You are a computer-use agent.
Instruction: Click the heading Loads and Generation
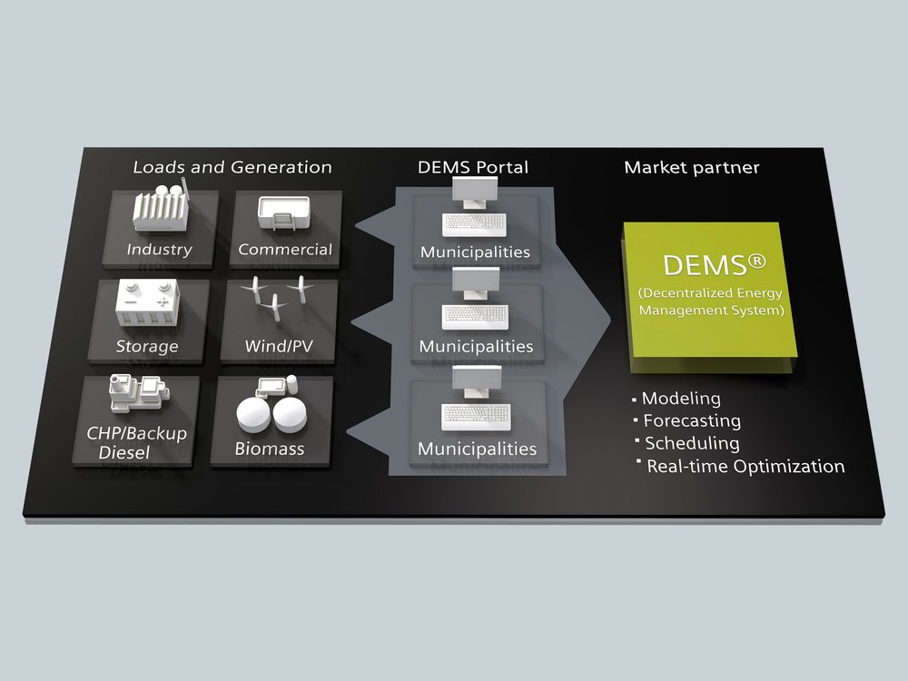pyautogui.click(x=232, y=167)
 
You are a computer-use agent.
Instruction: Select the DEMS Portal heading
pyautogui.click(x=473, y=167)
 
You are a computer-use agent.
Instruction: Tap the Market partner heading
pyautogui.click(x=692, y=167)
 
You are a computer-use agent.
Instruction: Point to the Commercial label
pyautogui.click(x=285, y=250)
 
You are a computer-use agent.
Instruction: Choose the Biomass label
pyautogui.click(x=269, y=449)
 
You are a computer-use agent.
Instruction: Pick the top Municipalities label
pyautogui.click(x=475, y=252)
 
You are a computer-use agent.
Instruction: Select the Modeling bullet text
pyautogui.click(x=681, y=399)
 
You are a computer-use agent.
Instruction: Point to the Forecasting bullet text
pyautogui.click(x=692, y=421)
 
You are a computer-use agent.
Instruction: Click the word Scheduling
pyautogui.click(x=692, y=443)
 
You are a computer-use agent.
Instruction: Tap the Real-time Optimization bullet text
pyautogui.click(x=745, y=467)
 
